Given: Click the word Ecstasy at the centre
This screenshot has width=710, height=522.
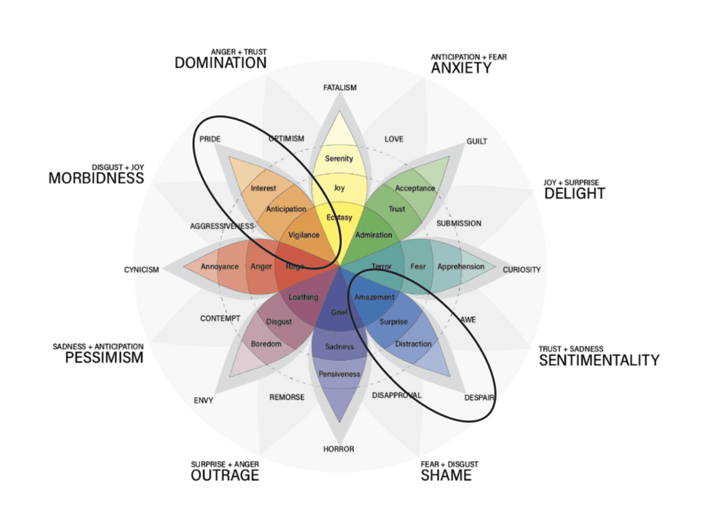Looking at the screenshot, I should coord(339,218).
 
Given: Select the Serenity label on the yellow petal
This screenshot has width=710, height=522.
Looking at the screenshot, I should coord(339,159).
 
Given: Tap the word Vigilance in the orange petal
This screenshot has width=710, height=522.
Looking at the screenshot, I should coord(304,235).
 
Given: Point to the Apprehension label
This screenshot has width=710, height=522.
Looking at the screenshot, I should coord(461,267).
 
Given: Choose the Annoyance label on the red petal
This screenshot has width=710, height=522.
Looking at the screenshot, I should coord(220,267).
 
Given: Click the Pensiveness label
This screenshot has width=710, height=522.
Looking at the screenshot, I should coord(339,374).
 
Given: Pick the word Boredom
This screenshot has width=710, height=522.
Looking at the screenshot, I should coord(266,344).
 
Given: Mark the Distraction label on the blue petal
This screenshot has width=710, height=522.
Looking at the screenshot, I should coord(413,344).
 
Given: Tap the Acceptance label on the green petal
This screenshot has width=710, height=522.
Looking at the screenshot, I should coord(415,189).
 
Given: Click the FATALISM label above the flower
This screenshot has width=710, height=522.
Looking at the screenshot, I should coord(340,88).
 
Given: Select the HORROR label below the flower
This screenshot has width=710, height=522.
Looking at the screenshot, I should coord(339,449).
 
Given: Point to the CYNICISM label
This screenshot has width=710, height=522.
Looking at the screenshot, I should coord(141,270).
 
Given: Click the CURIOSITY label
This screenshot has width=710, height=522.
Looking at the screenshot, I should coord(521,270).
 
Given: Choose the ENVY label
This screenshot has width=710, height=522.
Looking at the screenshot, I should coord(204,401).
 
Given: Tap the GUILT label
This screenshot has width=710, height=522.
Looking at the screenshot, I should coord(476,141).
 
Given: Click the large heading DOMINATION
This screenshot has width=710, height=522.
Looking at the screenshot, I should coord(220,63).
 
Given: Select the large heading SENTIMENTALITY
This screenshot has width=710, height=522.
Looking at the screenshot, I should coord(599,360).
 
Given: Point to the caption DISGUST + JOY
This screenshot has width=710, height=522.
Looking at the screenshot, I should coord(118,167).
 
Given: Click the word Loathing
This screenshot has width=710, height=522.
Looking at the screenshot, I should coord(303,297).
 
